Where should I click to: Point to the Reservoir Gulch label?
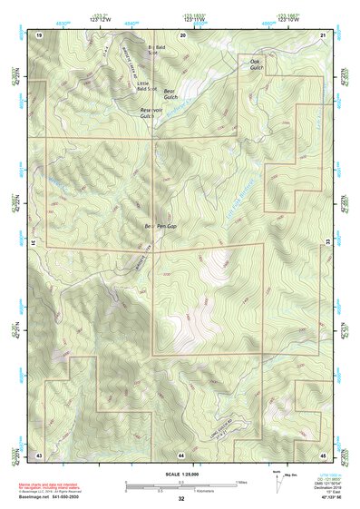pos(151,113)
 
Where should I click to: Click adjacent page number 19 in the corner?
pos(39,34)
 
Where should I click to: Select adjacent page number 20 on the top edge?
pos(182,34)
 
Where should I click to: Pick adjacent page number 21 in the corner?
pos(324,34)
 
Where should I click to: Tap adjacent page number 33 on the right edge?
pos(329,243)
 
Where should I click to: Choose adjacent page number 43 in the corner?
pos(39,453)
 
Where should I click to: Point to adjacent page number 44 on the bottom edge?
pos(181,453)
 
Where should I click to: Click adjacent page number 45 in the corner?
pos(324,453)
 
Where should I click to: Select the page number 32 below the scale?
pos(181,498)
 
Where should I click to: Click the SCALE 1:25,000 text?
pos(181,475)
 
